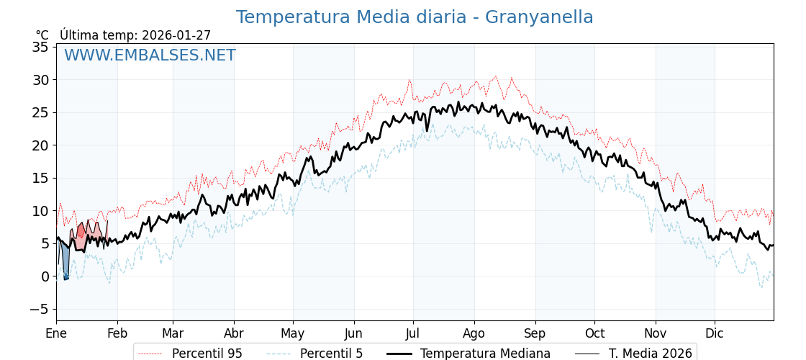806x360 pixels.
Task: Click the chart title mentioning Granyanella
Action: pos(415,17)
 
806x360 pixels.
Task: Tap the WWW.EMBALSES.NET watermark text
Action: pos(150,55)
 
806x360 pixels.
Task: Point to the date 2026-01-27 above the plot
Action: pos(176,35)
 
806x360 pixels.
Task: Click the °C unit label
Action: pos(42,35)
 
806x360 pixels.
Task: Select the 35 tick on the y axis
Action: pos(40,47)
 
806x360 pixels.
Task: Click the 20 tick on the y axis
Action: pos(40,145)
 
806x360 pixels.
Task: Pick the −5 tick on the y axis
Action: pos(37,310)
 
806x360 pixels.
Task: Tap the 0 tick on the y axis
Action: pos(45,276)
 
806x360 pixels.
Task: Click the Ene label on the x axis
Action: pos(56,333)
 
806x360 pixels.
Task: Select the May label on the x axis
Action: pos(293,333)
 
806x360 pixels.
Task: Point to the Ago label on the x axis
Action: pos(474,333)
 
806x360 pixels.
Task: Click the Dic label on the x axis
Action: pos(715,333)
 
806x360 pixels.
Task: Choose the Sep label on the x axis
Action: pos(535,333)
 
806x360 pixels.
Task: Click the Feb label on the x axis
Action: pos(117,333)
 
